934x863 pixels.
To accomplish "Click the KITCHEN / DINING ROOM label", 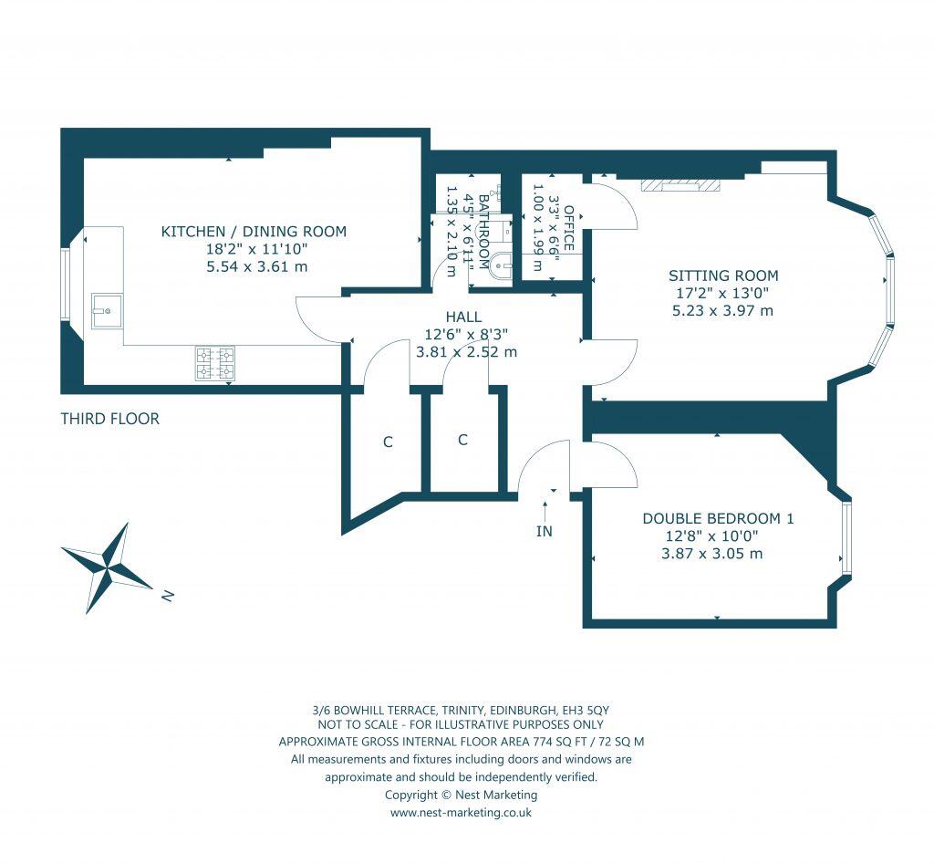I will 254,232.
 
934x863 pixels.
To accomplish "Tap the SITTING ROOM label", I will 723,276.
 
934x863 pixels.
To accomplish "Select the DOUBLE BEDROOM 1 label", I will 718,518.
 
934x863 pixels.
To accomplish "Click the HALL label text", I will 464,317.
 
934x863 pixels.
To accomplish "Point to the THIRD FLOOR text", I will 109,420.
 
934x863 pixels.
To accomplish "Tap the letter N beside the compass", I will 167,596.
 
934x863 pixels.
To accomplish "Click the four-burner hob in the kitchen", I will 214,362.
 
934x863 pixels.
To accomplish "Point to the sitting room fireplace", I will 680,185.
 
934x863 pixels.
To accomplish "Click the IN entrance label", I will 545,531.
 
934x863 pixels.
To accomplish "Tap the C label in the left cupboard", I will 388,442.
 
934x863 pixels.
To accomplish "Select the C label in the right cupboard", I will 462,440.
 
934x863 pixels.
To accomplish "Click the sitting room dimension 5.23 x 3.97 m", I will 721,310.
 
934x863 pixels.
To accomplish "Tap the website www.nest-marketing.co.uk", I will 461,812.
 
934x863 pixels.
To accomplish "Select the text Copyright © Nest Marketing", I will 461,795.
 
